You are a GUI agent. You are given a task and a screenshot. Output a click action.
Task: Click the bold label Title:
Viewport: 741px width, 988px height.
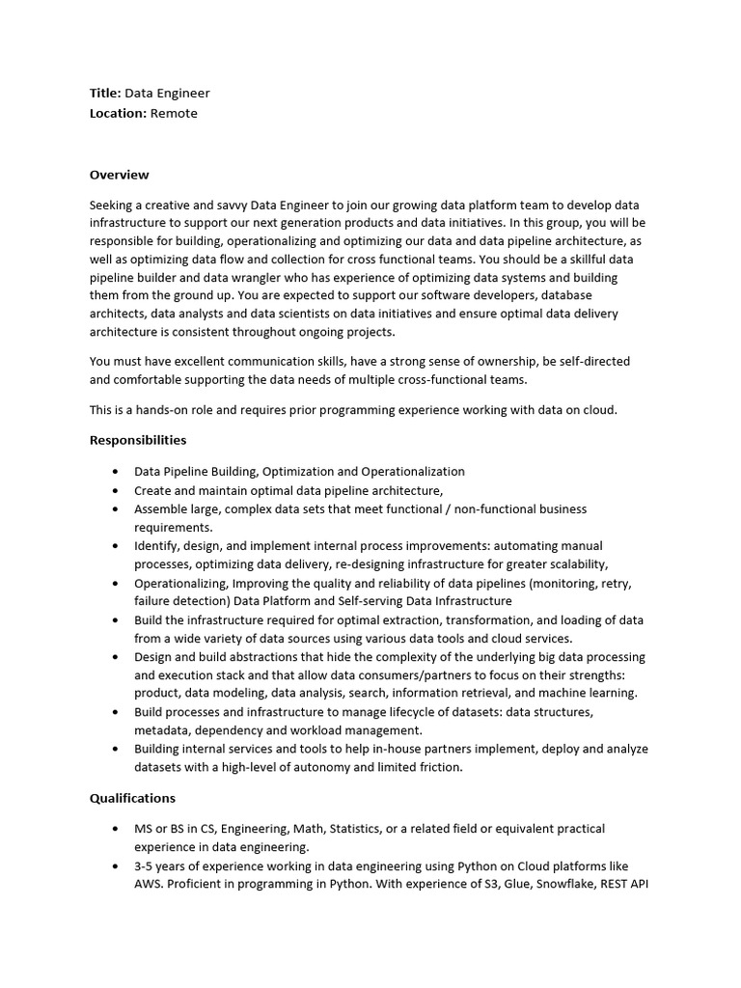coord(105,94)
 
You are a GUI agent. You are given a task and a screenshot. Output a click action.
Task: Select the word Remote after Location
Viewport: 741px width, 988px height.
coord(175,113)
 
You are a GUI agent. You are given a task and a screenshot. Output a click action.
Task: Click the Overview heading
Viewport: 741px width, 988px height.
coord(120,175)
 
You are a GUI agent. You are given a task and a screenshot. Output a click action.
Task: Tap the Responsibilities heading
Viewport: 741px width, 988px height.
coord(138,440)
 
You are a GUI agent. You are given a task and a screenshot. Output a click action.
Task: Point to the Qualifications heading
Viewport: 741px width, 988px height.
coord(133,798)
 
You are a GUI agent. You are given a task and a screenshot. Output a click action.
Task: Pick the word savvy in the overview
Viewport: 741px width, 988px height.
coord(229,206)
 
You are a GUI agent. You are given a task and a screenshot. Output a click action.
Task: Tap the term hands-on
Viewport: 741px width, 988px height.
coord(163,410)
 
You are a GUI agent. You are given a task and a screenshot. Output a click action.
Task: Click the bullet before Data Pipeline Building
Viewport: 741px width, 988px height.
coord(116,472)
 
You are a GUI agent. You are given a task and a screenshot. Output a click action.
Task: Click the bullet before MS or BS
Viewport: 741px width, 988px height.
coord(116,830)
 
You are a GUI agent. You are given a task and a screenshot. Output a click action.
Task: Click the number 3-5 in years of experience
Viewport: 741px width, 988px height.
coord(148,866)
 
